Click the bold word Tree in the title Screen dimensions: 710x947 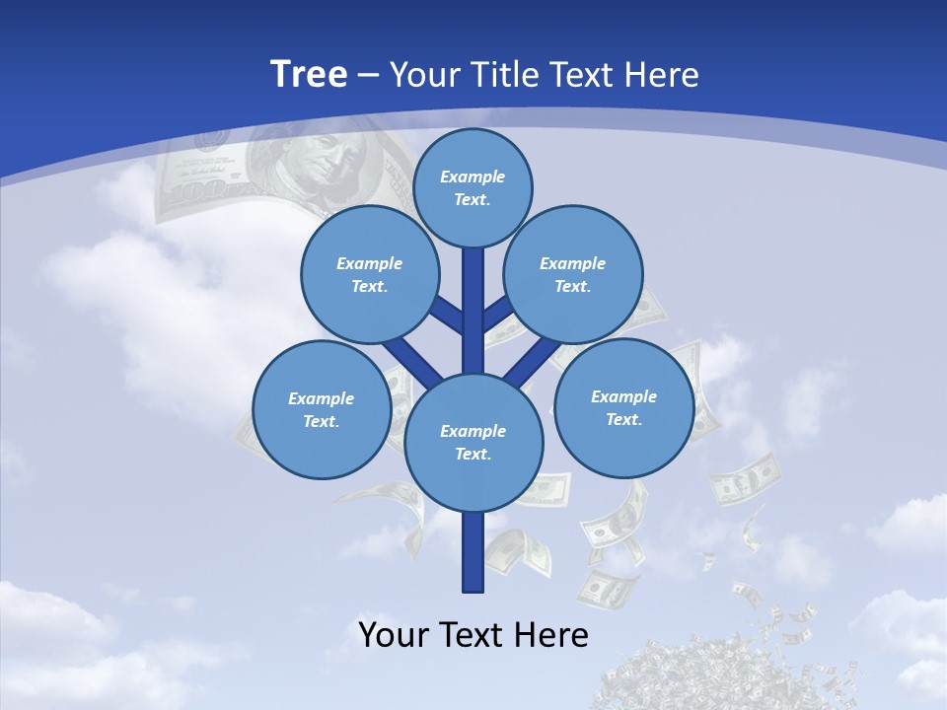(x=309, y=74)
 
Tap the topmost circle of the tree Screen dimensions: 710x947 (x=473, y=187)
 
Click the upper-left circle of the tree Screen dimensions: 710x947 (x=370, y=274)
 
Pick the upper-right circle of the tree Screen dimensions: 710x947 (x=573, y=274)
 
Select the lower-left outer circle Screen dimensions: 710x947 (x=322, y=409)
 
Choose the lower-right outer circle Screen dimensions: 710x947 (x=624, y=407)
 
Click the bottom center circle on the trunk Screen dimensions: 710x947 (x=473, y=443)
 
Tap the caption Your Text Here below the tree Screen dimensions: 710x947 (x=473, y=635)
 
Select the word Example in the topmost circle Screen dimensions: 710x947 (x=473, y=177)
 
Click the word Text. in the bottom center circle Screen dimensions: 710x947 (x=473, y=455)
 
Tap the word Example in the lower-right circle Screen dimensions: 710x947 (x=624, y=396)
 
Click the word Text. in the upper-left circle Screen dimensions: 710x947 (x=370, y=287)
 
